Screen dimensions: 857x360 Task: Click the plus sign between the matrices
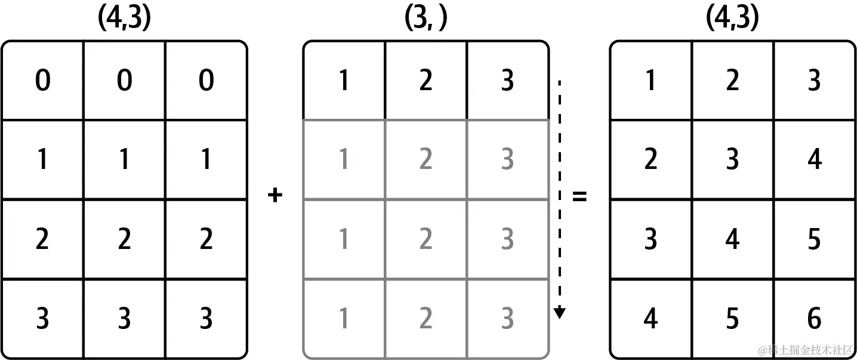pyautogui.click(x=275, y=196)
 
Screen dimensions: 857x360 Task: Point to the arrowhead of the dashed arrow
pyautogui.click(x=559, y=312)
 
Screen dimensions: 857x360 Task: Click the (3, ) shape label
pyautogui.click(x=426, y=19)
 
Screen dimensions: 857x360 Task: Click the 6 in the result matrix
pyautogui.click(x=814, y=319)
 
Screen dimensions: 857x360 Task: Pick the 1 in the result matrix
pyautogui.click(x=651, y=81)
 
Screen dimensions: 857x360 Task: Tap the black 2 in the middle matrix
pyautogui.click(x=426, y=81)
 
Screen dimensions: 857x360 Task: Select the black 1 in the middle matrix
pyautogui.click(x=344, y=81)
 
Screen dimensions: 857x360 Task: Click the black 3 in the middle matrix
pyautogui.click(x=507, y=81)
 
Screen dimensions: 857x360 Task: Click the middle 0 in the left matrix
pyautogui.click(x=124, y=81)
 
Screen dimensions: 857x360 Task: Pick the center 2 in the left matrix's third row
pyautogui.click(x=124, y=239)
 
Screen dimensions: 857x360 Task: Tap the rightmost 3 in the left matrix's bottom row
pyautogui.click(x=206, y=319)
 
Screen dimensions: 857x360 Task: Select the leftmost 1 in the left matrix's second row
pyautogui.click(x=42, y=160)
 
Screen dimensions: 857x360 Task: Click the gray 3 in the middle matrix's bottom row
pyautogui.click(x=507, y=319)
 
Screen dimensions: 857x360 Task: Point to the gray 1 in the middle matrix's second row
pyautogui.click(x=344, y=160)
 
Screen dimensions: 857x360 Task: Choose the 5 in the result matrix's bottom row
pyautogui.click(x=732, y=319)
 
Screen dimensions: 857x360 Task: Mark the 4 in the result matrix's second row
pyautogui.click(x=814, y=160)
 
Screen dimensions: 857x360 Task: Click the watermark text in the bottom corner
pyautogui.click(x=806, y=350)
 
